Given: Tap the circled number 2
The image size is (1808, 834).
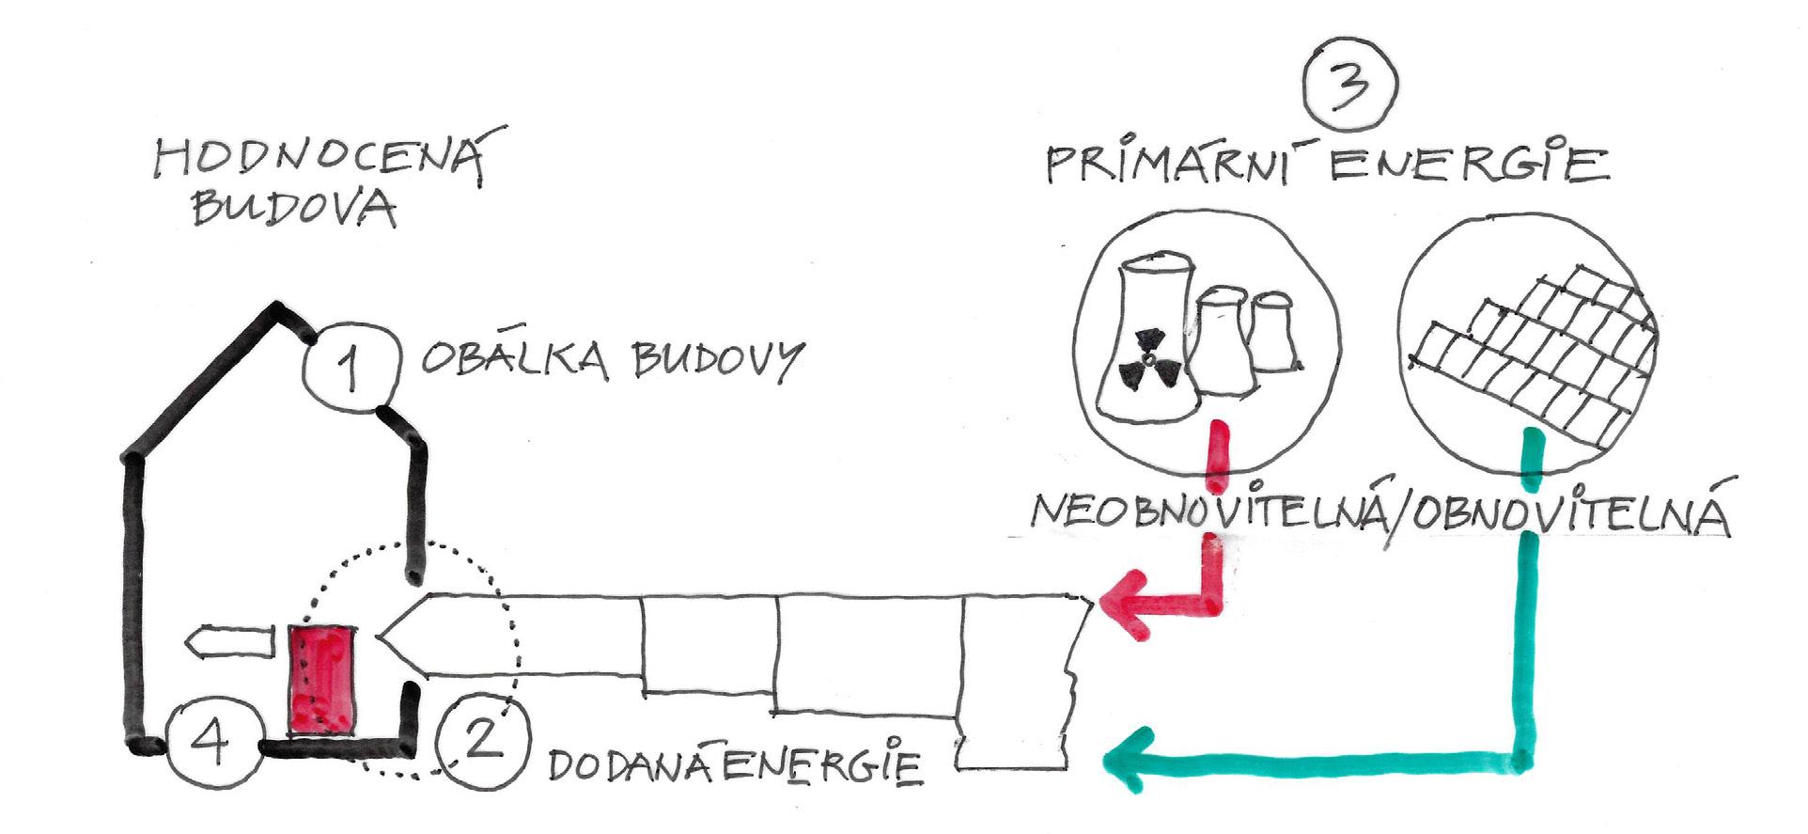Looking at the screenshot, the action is pos(481,741).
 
